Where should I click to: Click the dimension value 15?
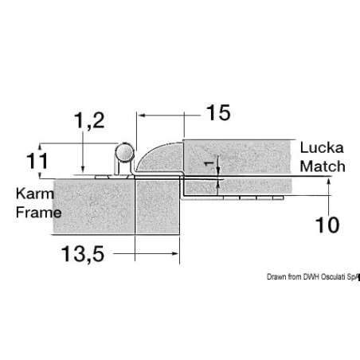(x=218, y=112)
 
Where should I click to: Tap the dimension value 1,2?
(x=89, y=121)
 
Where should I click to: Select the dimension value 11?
(x=37, y=161)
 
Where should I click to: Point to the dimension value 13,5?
(x=83, y=254)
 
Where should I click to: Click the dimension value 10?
(x=327, y=225)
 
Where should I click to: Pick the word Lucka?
(x=322, y=147)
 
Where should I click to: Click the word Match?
(x=323, y=166)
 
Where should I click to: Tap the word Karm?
(x=35, y=194)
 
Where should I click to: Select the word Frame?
(x=39, y=213)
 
